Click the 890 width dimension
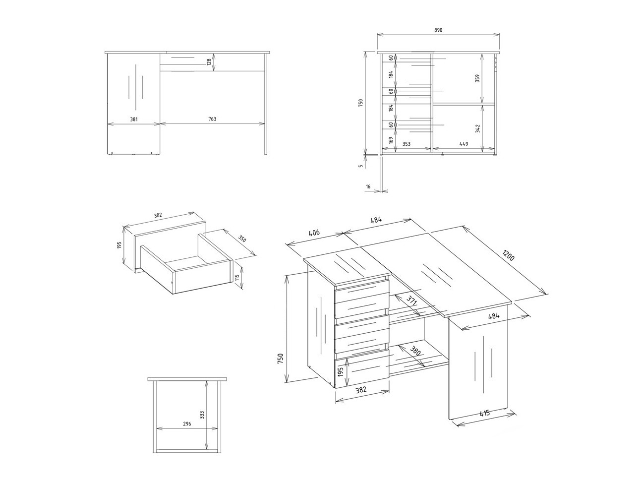[438, 30]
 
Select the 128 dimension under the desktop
[209, 61]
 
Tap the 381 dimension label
[133, 119]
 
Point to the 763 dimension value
[212, 119]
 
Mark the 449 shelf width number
[464, 144]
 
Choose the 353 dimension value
[406, 144]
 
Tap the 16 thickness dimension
[368, 186]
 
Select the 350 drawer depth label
[242, 239]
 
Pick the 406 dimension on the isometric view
[314, 232]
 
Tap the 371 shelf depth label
[411, 300]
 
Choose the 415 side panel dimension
[484, 413]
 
